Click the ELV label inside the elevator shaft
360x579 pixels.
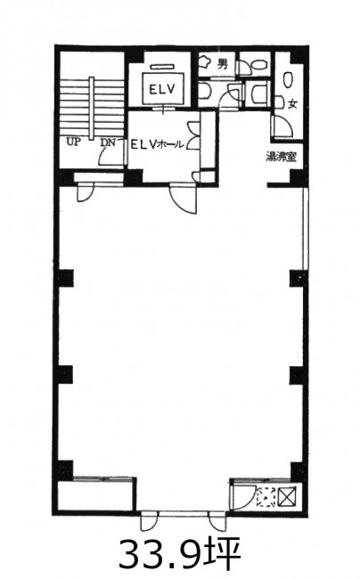(x=161, y=89)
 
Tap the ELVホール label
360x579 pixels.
(x=158, y=144)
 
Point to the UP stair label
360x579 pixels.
(x=73, y=142)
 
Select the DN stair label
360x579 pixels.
(x=108, y=143)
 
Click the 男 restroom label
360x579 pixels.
(x=222, y=64)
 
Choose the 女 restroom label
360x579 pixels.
(x=292, y=104)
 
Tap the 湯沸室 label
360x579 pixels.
(x=282, y=157)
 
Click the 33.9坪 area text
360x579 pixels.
(x=180, y=554)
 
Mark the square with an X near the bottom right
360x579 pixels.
(x=288, y=496)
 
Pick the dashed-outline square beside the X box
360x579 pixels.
(x=266, y=497)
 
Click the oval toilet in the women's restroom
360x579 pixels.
(x=288, y=79)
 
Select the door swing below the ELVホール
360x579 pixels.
(x=184, y=200)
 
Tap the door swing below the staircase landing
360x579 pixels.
(x=86, y=192)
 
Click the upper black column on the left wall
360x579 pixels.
(x=66, y=279)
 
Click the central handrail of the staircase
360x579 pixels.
(x=92, y=108)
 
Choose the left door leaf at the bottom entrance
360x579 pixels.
(x=148, y=521)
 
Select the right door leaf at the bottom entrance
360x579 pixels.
(x=217, y=521)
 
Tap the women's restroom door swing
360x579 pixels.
(x=282, y=126)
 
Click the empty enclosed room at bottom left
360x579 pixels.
(x=96, y=495)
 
